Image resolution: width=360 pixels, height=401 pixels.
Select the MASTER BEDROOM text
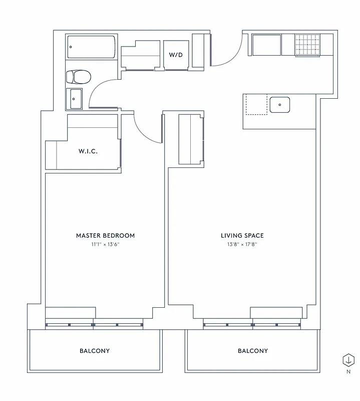[105, 236]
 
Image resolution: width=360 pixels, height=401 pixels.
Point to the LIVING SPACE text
[242, 236]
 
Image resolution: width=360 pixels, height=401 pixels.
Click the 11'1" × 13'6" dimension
[105, 245]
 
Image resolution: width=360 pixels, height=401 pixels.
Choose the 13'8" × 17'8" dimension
[242, 245]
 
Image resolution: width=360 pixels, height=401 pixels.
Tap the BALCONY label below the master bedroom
[94, 351]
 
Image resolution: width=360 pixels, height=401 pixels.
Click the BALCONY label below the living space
[253, 351]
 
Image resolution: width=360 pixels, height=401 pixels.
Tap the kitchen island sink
[279, 105]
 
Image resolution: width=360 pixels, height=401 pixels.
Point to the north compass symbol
[347, 360]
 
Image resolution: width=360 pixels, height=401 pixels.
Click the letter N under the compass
[347, 372]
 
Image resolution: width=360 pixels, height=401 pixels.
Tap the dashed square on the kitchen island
[256, 105]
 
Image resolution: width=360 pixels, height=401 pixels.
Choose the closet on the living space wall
[191, 139]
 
